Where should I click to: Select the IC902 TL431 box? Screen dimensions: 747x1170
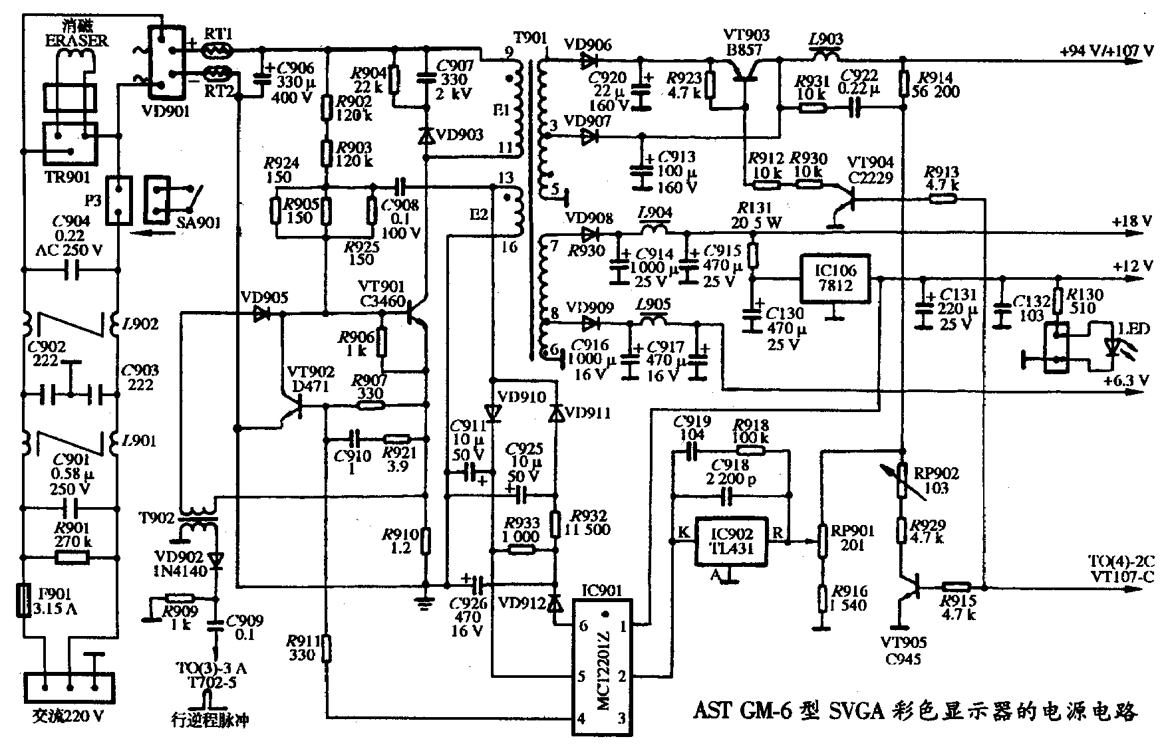coord(730,541)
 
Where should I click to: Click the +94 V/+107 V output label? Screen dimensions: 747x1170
coord(1107,51)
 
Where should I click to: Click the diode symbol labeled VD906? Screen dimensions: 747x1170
coord(588,62)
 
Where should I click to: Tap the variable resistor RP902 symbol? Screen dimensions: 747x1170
coord(901,480)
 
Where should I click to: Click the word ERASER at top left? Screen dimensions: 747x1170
coord(76,40)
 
